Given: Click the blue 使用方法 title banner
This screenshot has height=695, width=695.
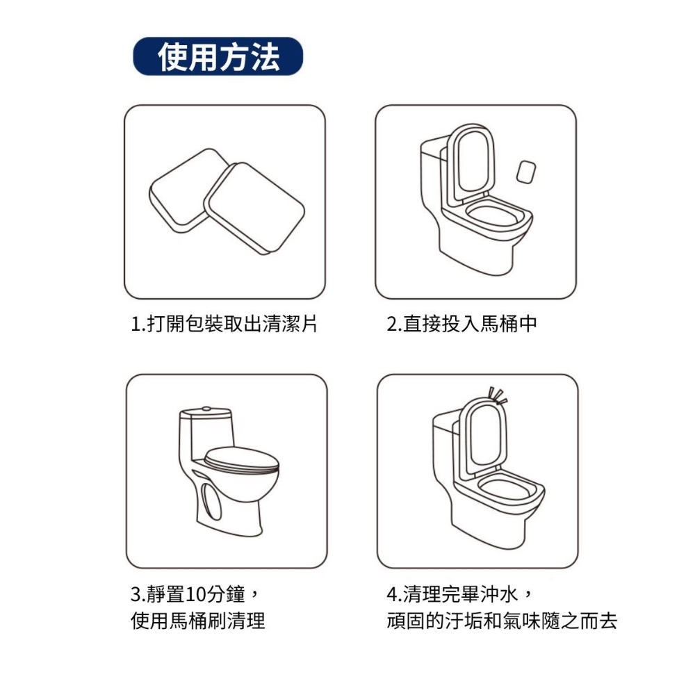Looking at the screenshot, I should (218, 56).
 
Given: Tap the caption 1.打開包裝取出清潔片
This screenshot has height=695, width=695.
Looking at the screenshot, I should (224, 325).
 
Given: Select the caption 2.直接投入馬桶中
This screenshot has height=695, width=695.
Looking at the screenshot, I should (462, 325).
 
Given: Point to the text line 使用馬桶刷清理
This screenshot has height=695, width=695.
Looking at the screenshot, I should (198, 621).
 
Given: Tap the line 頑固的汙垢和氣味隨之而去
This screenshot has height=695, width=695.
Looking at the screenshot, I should (502, 621).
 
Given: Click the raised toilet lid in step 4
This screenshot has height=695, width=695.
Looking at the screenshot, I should (484, 434).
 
